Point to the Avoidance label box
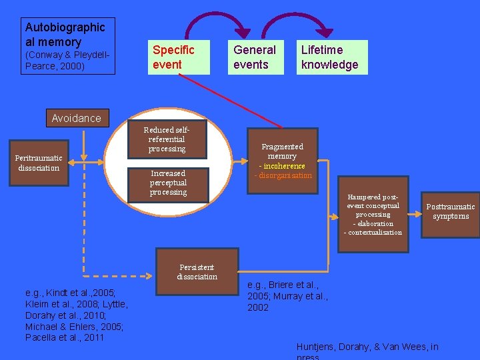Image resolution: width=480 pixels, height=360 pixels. pos(77,118)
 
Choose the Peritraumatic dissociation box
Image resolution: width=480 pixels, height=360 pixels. pos(39,163)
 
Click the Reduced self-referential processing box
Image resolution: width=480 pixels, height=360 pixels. pos(167,139)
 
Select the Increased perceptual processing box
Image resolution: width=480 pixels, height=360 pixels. pos(168,183)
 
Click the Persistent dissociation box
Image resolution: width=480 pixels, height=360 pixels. pos(197,271)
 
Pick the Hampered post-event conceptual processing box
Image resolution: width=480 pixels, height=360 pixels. pos(373,214)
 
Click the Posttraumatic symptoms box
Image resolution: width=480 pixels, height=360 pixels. pos(450,211)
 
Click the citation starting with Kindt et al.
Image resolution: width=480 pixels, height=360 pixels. pos(75,315)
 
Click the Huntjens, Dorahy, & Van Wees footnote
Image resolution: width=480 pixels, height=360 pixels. pos(367,348)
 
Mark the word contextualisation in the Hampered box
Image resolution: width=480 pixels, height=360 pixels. pos(375,233)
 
